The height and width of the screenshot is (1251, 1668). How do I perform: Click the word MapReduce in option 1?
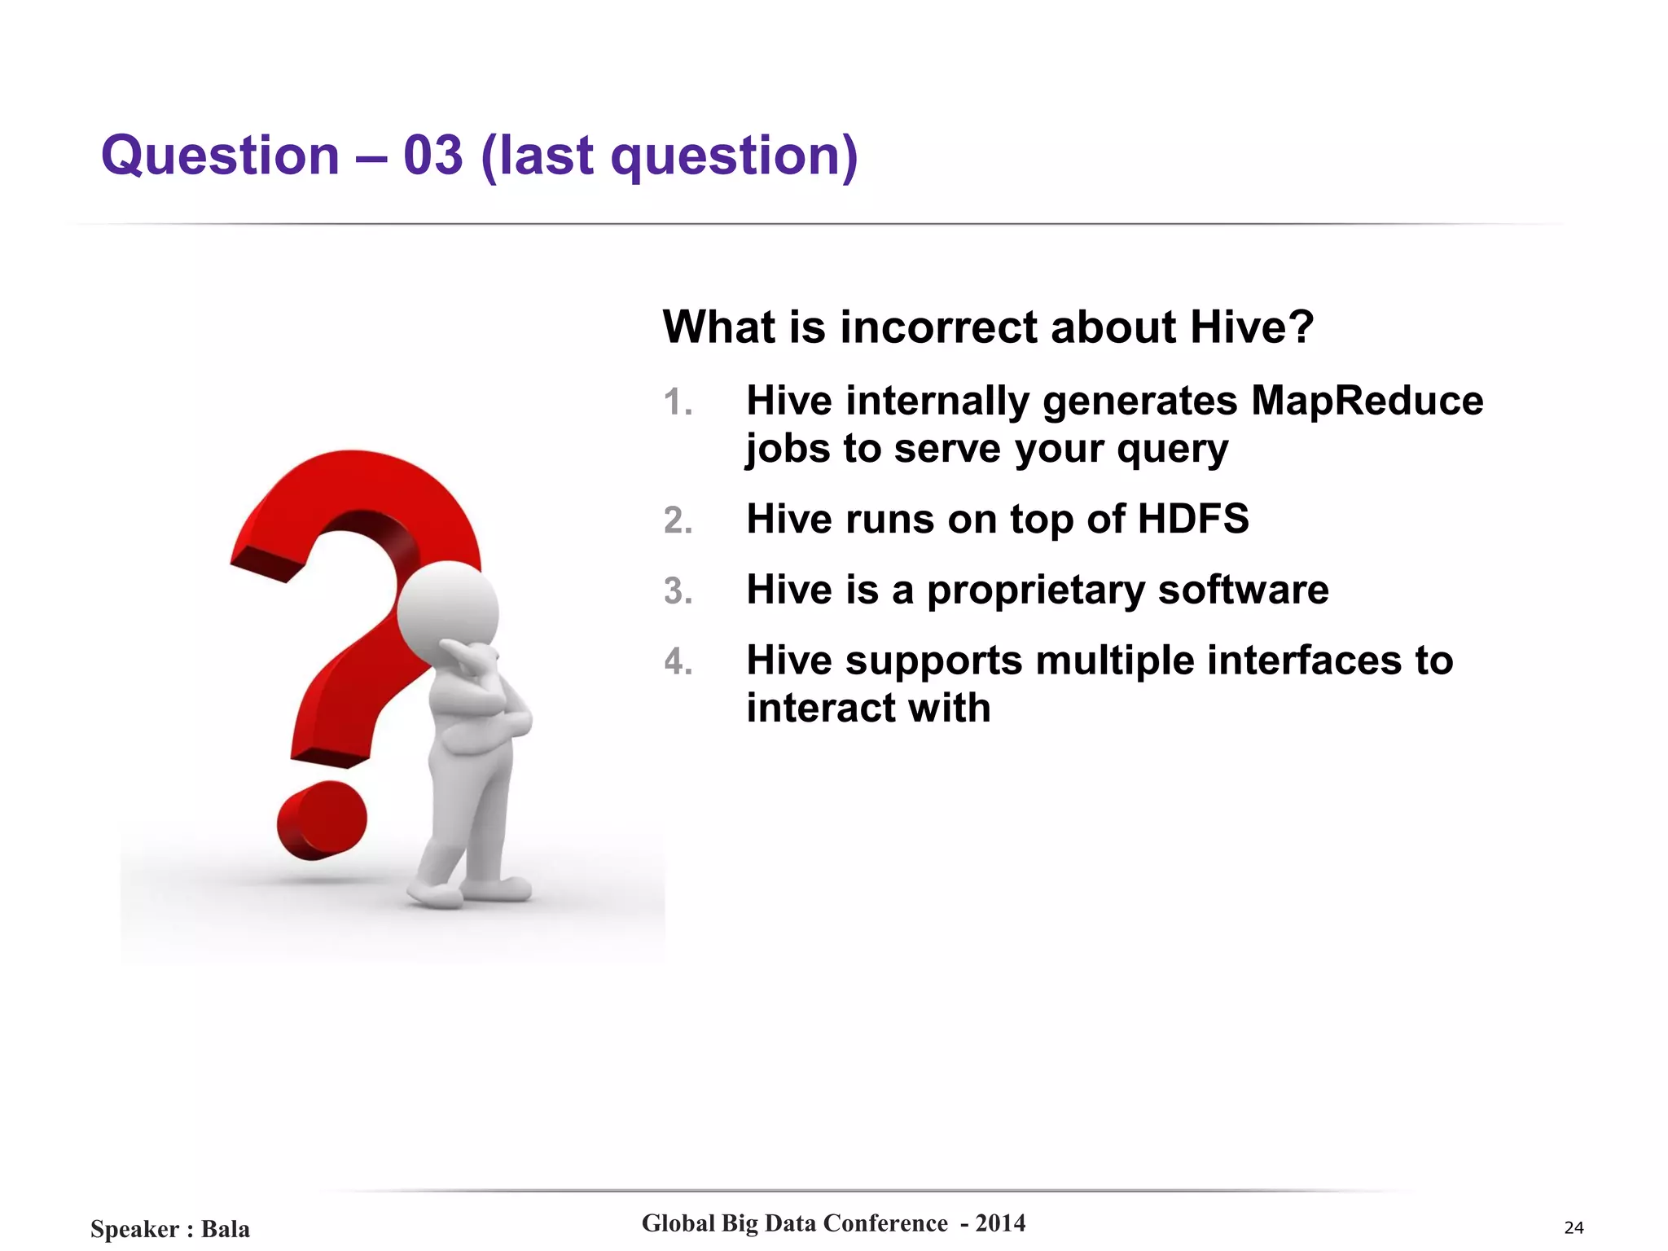(x=1367, y=401)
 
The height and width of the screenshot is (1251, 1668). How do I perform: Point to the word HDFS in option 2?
(x=1192, y=519)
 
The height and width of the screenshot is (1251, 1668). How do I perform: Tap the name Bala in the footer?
(x=226, y=1229)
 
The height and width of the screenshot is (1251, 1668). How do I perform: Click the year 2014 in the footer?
(x=1000, y=1223)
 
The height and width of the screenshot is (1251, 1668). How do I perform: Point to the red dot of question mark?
(x=321, y=819)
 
